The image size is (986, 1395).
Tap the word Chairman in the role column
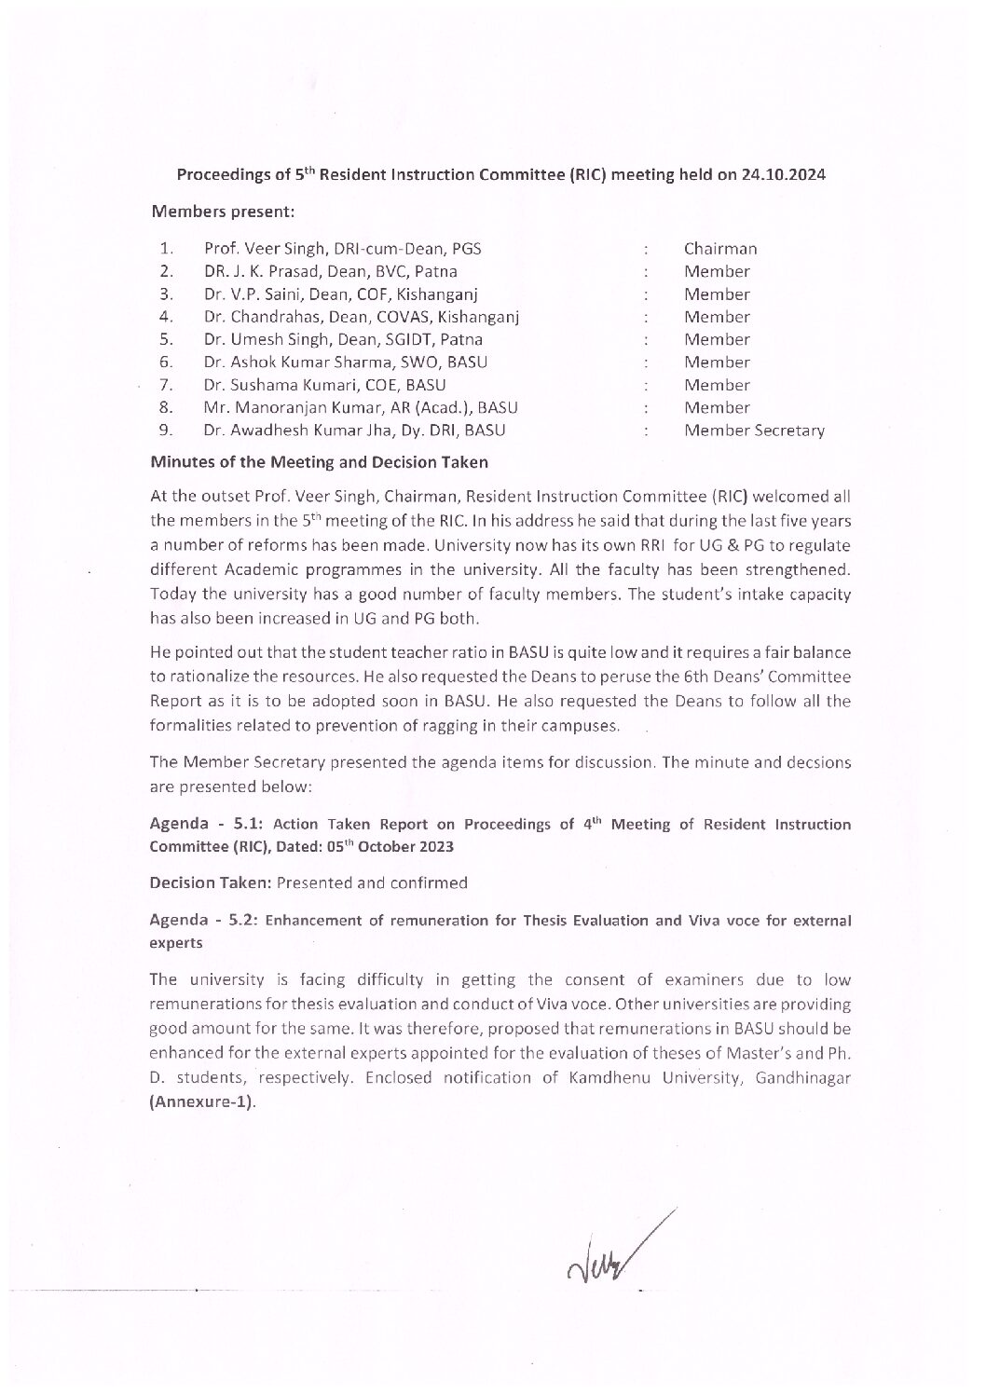point(720,249)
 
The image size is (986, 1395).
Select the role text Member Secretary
point(755,431)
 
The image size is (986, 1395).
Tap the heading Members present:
point(223,212)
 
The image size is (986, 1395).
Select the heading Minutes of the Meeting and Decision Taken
point(319,462)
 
